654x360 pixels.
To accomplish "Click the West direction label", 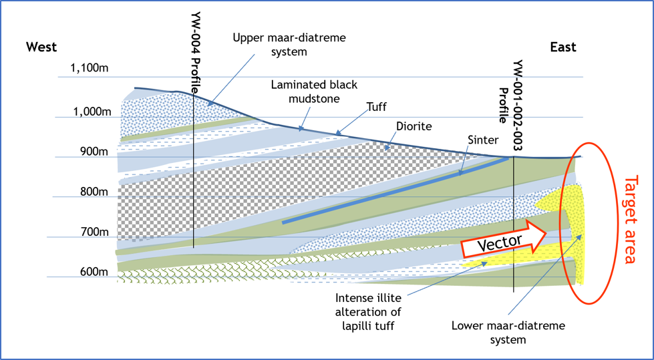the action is [41, 47].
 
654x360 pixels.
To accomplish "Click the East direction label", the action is [563, 47].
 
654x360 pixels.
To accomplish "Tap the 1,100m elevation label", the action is [90, 67].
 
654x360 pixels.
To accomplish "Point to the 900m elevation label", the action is [95, 152].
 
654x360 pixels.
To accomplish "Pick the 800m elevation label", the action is [95, 192].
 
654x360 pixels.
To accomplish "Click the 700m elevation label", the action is [95, 232].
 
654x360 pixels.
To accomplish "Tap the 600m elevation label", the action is [95, 272].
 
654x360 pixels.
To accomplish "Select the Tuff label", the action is [377, 106].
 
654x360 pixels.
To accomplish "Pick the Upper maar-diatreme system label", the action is [289, 45].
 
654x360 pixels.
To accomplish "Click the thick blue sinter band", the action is [395, 190].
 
